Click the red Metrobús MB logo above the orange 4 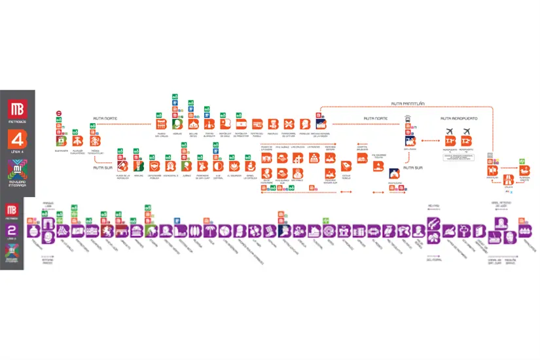point(17,109)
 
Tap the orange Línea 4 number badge point(17,140)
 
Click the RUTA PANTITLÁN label point(405,103)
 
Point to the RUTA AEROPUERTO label point(459,118)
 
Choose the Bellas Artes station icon point(193,124)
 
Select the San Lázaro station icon point(411,141)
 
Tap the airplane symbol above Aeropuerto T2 point(466,130)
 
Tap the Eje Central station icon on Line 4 point(219,166)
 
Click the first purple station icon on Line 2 point(31,231)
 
